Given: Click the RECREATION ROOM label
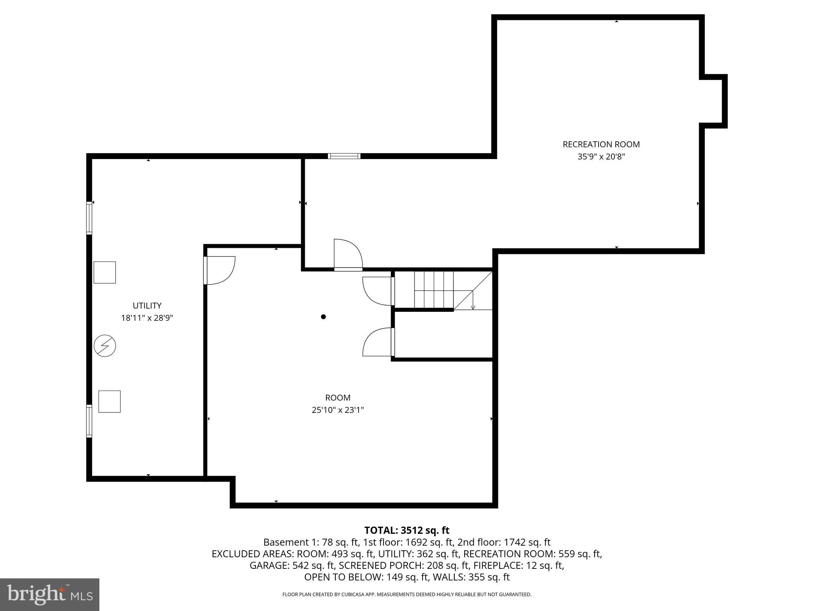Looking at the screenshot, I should click(601, 144).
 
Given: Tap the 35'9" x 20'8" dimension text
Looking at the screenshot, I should click(601, 157).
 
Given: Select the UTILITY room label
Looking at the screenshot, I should click(147, 305).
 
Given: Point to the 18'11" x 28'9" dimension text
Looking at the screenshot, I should click(147, 318).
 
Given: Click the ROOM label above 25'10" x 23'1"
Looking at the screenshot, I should click(338, 397).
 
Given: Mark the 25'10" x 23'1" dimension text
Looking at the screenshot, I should click(338, 410).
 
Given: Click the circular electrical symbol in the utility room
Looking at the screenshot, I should click(105, 346).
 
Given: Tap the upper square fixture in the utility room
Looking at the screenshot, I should click(105, 272).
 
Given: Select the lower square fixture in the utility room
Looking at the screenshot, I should click(109, 401).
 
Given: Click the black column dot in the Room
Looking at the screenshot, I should click(324, 317).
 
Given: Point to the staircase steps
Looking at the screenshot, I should click(434, 290).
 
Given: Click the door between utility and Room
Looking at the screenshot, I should click(219, 270).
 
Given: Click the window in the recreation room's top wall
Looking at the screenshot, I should click(344, 156).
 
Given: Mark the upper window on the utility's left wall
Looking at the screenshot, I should click(89, 218).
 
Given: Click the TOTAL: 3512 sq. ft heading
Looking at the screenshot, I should click(407, 530).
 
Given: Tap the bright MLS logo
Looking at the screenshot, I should click(50, 594).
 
